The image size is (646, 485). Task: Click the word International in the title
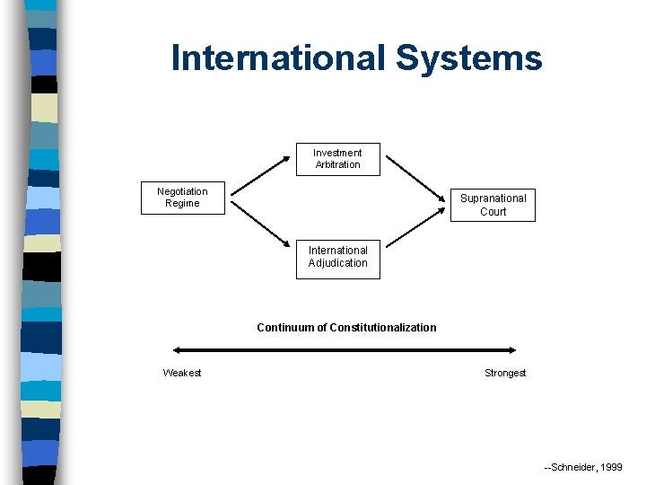click(x=278, y=57)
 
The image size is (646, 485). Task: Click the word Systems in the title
click(x=468, y=57)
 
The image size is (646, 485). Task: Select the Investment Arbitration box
click(x=337, y=159)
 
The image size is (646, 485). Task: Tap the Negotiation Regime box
click(x=182, y=198)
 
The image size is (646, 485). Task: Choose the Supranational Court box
click(x=493, y=205)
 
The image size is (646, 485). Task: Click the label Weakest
click(x=182, y=373)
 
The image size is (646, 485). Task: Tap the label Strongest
click(x=505, y=373)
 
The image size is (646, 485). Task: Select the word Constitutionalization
click(x=383, y=328)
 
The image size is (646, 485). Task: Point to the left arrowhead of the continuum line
click(x=177, y=351)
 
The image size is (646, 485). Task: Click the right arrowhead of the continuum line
click(x=512, y=351)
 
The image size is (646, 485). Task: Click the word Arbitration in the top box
click(x=337, y=165)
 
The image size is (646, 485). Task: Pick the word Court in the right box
click(x=493, y=212)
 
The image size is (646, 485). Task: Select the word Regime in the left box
click(x=182, y=204)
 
